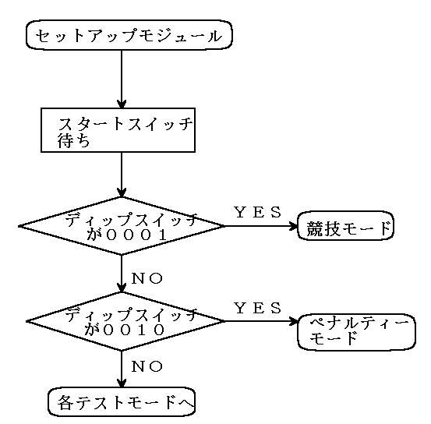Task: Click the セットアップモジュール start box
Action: (x=129, y=35)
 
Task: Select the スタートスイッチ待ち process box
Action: (x=118, y=130)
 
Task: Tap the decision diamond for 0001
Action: (x=122, y=226)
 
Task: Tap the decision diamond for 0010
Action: (x=124, y=321)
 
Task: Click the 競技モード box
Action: (x=346, y=226)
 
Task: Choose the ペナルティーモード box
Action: (x=357, y=332)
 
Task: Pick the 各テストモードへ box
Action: (x=122, y=401)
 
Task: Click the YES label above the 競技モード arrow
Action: (x=258, y=212)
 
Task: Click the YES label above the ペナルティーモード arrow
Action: (x=258, y=308)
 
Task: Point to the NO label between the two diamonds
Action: (x=147, y=278)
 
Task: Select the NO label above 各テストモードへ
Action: (x=147, y=366)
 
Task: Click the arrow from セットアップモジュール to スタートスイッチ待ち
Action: (x=122, y=79)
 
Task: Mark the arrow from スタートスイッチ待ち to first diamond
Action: (x=122, y=175)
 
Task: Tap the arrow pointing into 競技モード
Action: (x=261, y=226)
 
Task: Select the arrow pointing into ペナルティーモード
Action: (x=261, y=321)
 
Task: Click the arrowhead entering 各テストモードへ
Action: (x=122, y=383)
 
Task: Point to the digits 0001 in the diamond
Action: (x=136, y=235)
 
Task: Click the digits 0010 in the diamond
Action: (x=133, y=330)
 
